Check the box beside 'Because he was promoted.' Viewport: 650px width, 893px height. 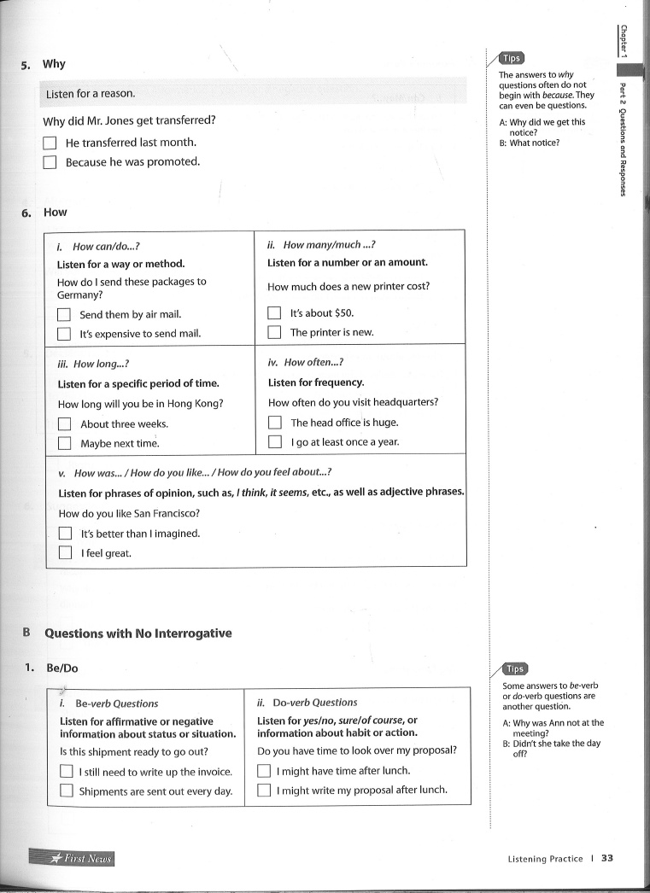click(x=50, y=162)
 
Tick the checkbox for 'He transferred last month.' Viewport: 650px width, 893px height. click(x=50, y=143)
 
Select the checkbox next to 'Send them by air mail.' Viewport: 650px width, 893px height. click(x=64, y=314)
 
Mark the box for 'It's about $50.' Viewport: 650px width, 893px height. click(x=274, y=313)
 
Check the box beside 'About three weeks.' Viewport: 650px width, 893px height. click(x=64, y=423)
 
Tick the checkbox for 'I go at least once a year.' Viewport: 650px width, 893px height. click(x=274, y=442)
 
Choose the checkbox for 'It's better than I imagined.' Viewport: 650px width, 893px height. click(x=65, y=534)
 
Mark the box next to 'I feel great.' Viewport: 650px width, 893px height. click(x=65, y=552)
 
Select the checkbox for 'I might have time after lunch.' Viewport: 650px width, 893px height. click(x=264, y=771)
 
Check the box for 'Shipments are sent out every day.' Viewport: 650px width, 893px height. click(x=66, y=791)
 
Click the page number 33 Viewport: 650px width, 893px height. click(x=607, y=858)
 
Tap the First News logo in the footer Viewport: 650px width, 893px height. click(x=72, y=858)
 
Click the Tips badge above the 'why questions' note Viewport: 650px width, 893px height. click(x=512, y=59)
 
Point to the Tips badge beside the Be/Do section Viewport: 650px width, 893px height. click(x=515, y=669)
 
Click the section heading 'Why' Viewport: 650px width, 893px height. click(x=54, y=64)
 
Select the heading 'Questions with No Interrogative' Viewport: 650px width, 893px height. click(x=138, y=633)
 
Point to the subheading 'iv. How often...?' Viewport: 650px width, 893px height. click(x=305, y=362)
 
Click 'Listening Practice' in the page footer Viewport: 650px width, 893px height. click(x=545, y=859)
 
